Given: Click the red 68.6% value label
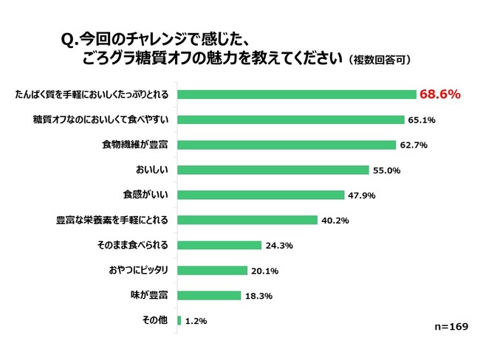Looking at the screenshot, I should pyautogui.click(x=440, y=94).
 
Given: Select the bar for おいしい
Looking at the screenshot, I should pyautogui.click(x=272, y=170).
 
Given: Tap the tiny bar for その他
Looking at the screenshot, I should pyautogui.click(x=179, y=320).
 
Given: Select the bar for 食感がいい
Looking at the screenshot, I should pyautogui.click(x=261, y=195).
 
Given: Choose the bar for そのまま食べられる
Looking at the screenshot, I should pyautogui.click(x=219, y=245).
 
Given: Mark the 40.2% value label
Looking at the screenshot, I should pyautogui.click(x=335, y=221).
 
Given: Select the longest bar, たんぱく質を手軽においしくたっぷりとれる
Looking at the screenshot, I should pyautogui.click(x=297, y=94).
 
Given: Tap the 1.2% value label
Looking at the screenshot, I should pyautogui.click(x=195, y=321).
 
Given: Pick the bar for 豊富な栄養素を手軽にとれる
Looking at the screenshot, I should pyautogui.click(x=247, y=220).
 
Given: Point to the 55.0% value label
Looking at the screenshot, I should pyautogui.click(x=386, y=170).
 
